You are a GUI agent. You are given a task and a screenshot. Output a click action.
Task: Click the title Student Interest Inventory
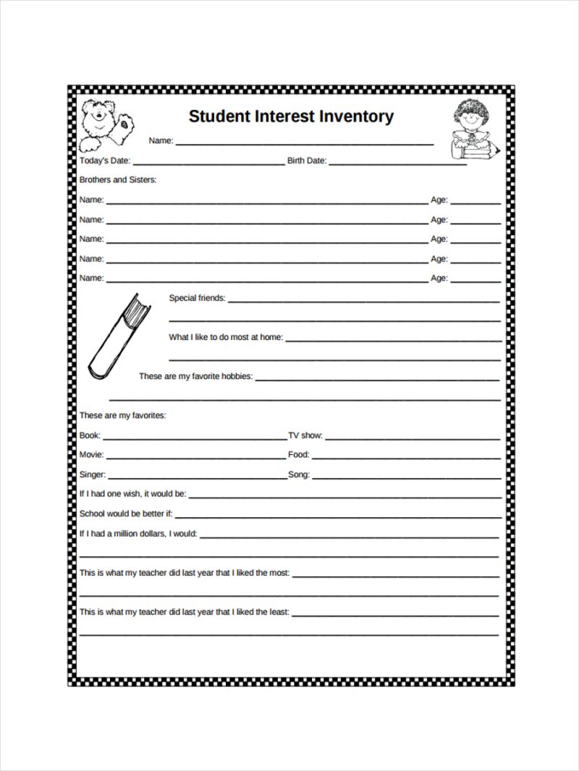[291, 116]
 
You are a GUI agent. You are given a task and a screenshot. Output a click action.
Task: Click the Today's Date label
[104, 161]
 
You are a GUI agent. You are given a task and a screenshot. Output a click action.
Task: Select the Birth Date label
[307, 161]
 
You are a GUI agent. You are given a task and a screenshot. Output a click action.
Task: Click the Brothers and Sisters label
[117, 179]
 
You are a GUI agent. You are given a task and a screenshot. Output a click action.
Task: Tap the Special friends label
[197, 298]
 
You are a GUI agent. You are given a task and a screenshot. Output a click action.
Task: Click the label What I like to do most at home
[226, 337]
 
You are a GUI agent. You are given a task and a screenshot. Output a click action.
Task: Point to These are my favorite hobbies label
[195, 377]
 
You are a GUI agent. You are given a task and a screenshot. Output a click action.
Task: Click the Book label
[90, 435]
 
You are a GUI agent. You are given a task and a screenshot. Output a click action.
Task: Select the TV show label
[305, 435]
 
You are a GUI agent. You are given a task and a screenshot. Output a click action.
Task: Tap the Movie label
[91, 455]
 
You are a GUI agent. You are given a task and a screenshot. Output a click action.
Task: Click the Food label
[299, 455]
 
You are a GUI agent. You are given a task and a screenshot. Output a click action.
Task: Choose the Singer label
[93, 474]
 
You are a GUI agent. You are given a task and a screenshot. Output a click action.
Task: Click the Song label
[299, 474]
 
